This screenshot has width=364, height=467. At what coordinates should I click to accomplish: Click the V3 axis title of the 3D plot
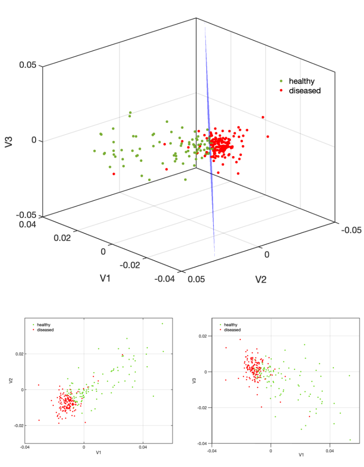click(x=8, y=141)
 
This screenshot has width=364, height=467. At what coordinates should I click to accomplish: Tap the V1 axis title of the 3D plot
click(x=105, y=278)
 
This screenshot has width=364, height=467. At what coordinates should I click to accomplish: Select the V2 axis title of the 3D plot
click(x=260, y=278)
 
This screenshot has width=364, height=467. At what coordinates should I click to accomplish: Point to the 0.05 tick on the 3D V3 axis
click(x=28, y=65)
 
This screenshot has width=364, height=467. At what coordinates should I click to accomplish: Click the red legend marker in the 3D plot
click(x=281, y=91)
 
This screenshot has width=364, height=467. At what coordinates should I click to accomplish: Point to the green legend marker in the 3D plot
click(x=281, y=81)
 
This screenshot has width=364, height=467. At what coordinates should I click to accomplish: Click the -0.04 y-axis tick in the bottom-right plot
click(x=204, y=443)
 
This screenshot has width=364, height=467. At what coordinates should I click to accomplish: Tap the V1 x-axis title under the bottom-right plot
click(x=301, y=455)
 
